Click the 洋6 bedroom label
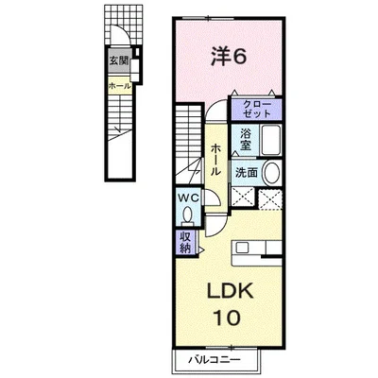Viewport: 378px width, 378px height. coord(228,57)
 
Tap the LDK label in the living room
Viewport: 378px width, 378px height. coord(230,290)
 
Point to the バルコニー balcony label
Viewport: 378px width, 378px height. coord(215,359)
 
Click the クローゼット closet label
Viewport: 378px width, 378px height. coord(257,110)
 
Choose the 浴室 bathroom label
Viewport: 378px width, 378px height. coord(246,140)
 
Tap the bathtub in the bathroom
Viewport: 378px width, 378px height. coord(271,140)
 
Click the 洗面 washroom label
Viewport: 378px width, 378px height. coord(247,172)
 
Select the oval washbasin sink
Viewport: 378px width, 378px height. coord(271,173)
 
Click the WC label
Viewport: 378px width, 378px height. coord(189,198)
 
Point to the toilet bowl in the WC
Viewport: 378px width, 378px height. coord(188,215)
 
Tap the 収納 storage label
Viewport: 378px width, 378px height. coord(185,243)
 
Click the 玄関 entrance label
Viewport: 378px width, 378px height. coord(118,60)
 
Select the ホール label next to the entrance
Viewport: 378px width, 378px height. coord(120,86)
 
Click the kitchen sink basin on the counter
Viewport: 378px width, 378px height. coord(242,248)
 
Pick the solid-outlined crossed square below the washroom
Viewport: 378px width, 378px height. coord(243,198)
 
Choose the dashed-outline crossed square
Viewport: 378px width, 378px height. coord(270,199)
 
